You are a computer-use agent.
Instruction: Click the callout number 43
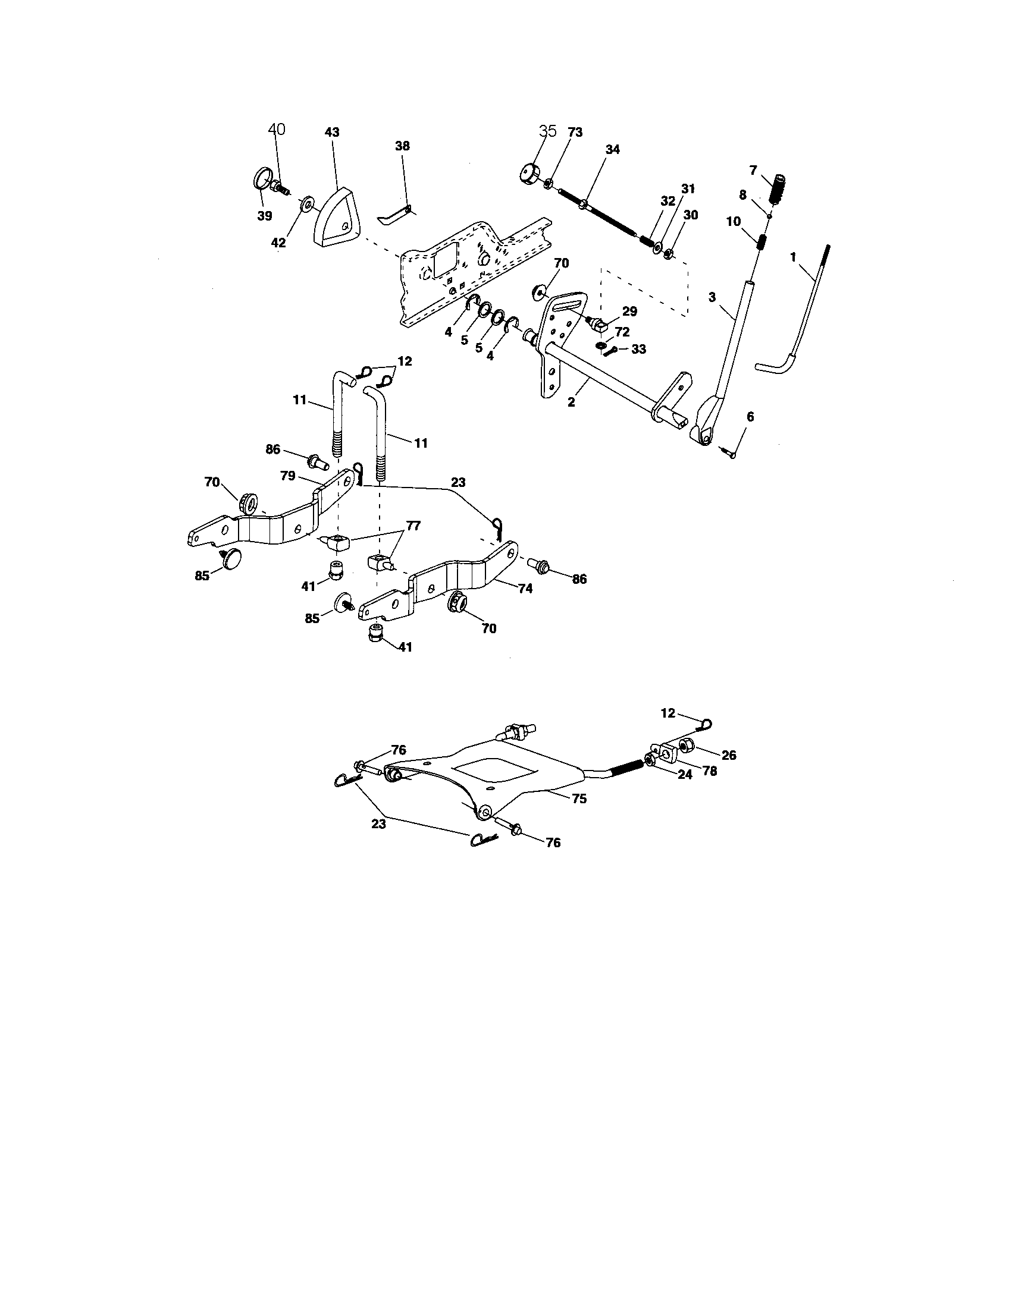click(x=331, y=132)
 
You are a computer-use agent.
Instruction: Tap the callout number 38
click(x=402, y=146)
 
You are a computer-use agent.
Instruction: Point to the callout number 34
click(x=612, y=150)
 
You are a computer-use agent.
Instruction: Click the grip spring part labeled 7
click(x=780, y=190)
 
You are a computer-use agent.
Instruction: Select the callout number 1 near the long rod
click(x=792, y=257)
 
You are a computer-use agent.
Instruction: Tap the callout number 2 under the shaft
click(x=571, y=403)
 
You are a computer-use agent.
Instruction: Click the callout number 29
click(x=629, y=312)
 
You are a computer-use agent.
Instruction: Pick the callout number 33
click(x=639, y=348)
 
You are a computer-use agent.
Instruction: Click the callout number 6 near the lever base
click(x=750, y=417)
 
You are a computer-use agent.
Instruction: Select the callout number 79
click(x=288, y=476)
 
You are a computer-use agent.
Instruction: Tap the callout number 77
click(x=413, y=526)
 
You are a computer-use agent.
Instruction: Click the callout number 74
click(x=525, y=589)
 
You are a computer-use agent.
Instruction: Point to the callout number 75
click(x=579, y=798)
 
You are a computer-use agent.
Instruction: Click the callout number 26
click(x=729, y=755)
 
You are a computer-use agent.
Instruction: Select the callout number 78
click(x=709, y=771)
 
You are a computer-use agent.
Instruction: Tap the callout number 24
click(x=685, y=774)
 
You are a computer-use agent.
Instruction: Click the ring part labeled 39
click(x=262, y=179)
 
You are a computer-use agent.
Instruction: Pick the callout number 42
click(x=278, y=243)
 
